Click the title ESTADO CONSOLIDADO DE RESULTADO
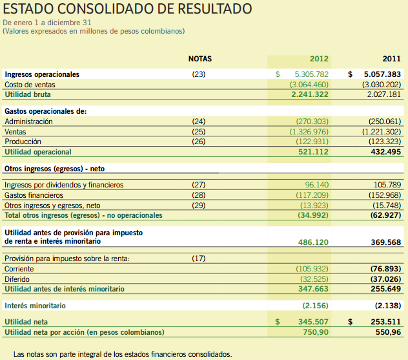pos(128,10)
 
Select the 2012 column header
pos(319,59)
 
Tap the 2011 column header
pos(391,59)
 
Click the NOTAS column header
pos(199,59)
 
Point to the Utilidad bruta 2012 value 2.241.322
pos(310,94)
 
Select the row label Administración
pos(28,122)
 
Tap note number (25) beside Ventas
pos(199,132)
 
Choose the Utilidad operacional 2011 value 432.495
pos(383,152)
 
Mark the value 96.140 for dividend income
pos(316,185)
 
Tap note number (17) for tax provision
pos(199,259)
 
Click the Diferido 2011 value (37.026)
pos(383,279)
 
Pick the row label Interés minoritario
pos(36,305)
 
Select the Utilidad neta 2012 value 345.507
pos(312,321)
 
